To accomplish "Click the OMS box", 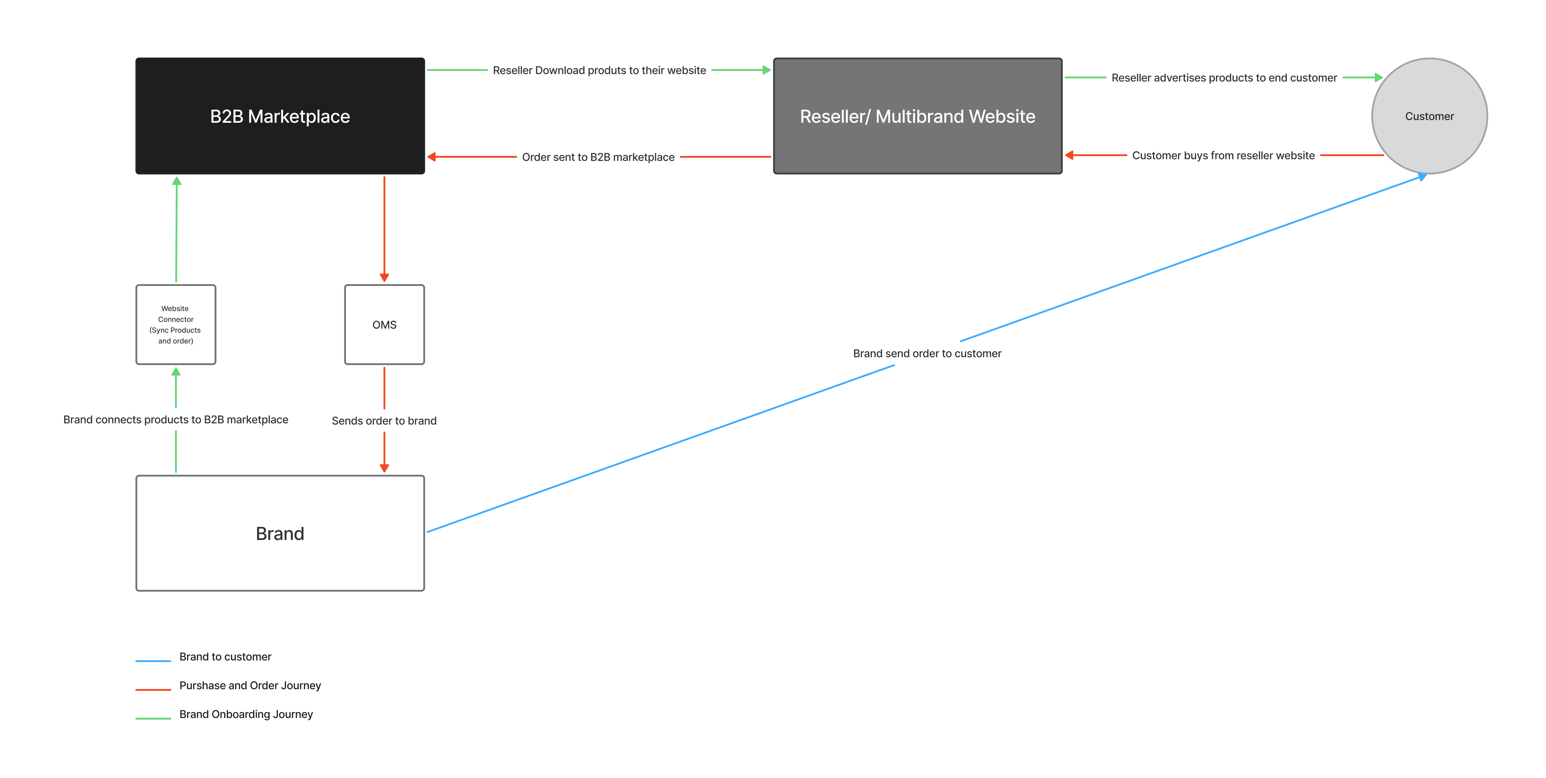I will click(x=384, y=325).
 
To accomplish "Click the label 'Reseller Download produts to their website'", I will click(x=599, y=70).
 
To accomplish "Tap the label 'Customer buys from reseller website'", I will click(x=1223, y=155).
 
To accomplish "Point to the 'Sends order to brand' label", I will click(x=384, y=421).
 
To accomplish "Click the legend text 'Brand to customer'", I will click(x=225, y=657).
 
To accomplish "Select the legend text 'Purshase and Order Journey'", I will click(x=250, y=686).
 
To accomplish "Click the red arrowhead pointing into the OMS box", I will click(x=384, y=278).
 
